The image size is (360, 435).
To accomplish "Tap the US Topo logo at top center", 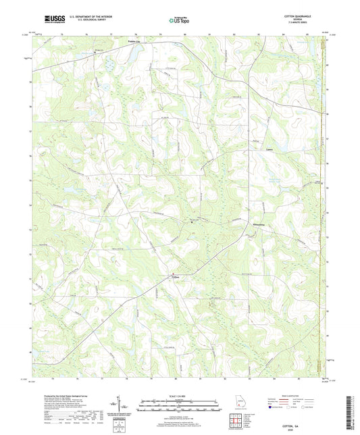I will click(179, 20).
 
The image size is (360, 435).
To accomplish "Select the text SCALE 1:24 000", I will click(179, 396).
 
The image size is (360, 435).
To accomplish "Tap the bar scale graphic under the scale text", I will click(179, 406).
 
